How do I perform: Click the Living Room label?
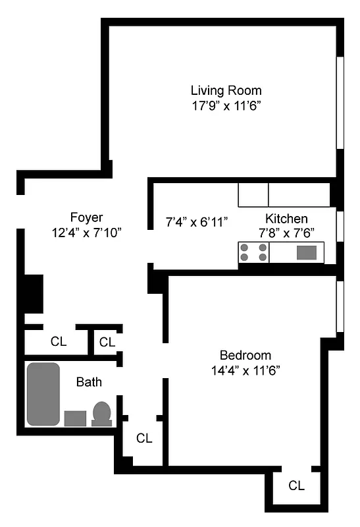pyautogui.click(x=226, y=90)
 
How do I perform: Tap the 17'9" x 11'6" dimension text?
pyautogui.click(x=226, y=105)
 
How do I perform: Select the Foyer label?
pyautogui.click(x=86, y=217)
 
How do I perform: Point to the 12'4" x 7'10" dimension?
pyautogui.click(x=86, y=232)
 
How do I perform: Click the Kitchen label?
pyautogui.click(x=286, y=219)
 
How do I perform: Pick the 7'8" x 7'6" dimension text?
pyautogui.click(x=286, y=233)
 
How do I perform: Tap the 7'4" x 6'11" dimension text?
pyautogui.click(x=196, y=222)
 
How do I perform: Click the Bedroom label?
pyautogui.click(x=245, y=355)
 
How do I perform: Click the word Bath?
pyautogui.click(x=89, y=381)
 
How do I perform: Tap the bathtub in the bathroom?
pyautogui.click(x=43, y=394)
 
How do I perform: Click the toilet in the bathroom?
pyautogui.click(x=102, y=414)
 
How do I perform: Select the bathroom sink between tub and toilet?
pyautogui.click(x=76, y=418)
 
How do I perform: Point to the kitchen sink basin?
pyautogui.click(x=306, y=252)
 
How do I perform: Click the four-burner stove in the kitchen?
pyautogui.click(x=254, y=253)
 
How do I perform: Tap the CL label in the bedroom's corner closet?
pyautogui.click(x=297, y=485)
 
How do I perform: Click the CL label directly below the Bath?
pyautogui.click(x=144, y=438)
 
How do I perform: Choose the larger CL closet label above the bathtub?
pyautogui.click(x=59, y=341)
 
